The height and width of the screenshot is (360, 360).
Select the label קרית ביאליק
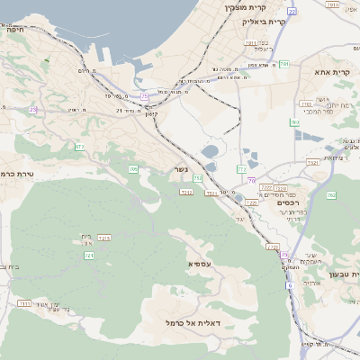click(266, 21)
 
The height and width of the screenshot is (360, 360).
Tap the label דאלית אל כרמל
click(193, 321)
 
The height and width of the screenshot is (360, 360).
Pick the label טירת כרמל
click(18, 173)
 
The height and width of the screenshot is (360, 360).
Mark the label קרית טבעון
click(339, 274)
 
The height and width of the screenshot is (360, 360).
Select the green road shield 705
click(133, 168)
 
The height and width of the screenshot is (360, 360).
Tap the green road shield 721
click(89, 256)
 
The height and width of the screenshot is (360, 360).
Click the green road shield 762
click(331, 195)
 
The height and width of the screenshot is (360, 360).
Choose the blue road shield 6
click(290, 285)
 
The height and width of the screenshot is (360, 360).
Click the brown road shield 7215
click(104, 238)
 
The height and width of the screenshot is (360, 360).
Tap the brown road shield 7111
click(24, 304)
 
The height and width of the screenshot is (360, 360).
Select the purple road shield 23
click(32, 110)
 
